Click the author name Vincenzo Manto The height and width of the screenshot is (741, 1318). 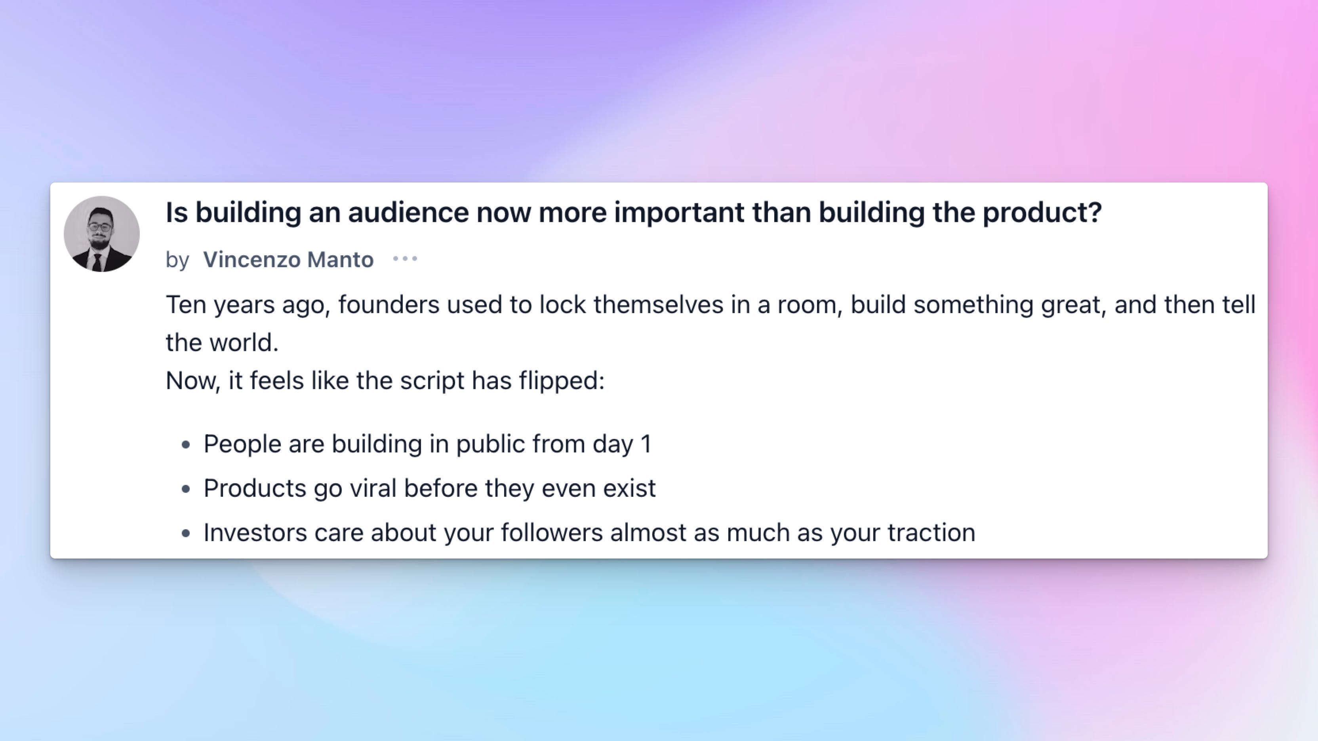pyautogui.click(x=289, y=260)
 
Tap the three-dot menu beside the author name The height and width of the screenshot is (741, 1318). pyautogui.click(x=405, y=259)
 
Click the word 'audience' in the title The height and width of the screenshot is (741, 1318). pyautogui.click(x=408, y=212)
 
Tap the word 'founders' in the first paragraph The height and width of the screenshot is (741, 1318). pyautogui.click(x=389, y=305)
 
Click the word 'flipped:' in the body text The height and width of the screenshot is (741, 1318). pyautogui.click(x=562, y=381)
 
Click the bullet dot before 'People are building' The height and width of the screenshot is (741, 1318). pyautogui.click(x=186, y=445)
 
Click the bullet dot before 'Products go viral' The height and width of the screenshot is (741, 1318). pyautogui.click(x=186, y=489)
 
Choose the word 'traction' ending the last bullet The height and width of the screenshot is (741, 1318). pyautogui.click(x=931, y=533)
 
